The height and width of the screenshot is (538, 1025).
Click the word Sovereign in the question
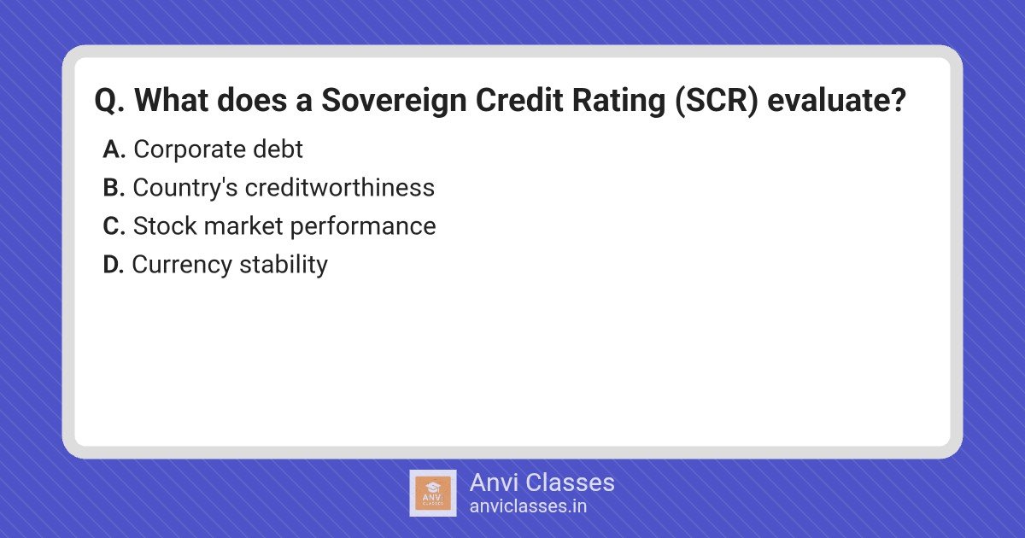pyautogui.click(x=394, y=101)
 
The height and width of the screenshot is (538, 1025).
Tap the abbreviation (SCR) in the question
pyautogui.click(x=717, y=101)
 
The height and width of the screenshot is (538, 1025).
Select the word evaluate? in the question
pyautogui.click(x=836, y=100)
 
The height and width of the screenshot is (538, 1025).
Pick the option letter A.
pyautogui.click(x=114, y=149)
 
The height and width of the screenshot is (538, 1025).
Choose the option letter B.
pyautogui.click(x=114, y=188)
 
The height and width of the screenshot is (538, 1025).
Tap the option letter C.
pyautogui.click(x=114, y=226)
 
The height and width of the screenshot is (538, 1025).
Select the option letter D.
pyautogui.click(x=113, y=265)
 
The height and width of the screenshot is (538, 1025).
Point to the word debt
pyautogui.click(x=278, y=149)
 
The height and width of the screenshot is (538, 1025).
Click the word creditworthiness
pyautogui.click(x=340, y=188)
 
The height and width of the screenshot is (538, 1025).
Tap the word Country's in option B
pyautogui.click(x=185, y=189)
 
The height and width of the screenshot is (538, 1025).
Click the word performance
pyautogui.click(x=363, y=227)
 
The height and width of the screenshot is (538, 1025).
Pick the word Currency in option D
pyautogui.click(x=182, y=266)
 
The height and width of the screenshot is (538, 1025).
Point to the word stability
pyautogui.click(x=284, y=266)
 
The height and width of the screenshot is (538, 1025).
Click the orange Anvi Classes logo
pyautogui.click(x=433, y=494)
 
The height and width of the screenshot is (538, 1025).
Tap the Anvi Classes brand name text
pyautogui.click(x=542, y=482)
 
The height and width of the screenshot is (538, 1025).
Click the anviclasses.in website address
pyautogui.click(x=528, y=506)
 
